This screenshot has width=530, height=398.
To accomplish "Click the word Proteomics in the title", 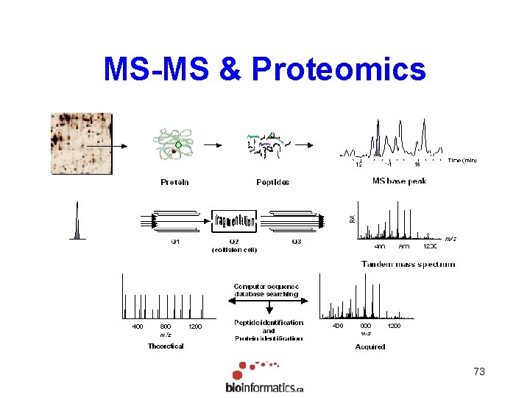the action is coord(338,69).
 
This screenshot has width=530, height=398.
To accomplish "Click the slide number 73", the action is coord(479,372).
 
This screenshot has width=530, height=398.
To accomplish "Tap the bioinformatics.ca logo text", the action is coord(264,388).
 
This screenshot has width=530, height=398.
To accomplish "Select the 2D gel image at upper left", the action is coord(81,143).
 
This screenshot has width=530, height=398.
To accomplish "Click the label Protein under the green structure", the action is coord(174,182).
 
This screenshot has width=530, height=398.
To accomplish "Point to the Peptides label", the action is coord(272,182).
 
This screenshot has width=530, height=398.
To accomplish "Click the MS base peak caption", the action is coord(399,181).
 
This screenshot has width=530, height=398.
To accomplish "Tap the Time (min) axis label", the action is coord(462,160).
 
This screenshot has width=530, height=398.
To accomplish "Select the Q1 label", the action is coord(175,242).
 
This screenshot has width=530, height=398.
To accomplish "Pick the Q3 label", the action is coord(296,242).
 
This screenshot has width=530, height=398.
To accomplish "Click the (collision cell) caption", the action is coord(234,250).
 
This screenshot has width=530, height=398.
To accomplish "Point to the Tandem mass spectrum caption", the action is coord(408,264).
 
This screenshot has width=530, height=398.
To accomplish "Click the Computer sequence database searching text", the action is coord(266,290).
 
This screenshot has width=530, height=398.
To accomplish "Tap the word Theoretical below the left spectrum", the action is coord(166,346).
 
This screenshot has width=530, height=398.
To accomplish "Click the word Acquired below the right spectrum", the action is coord(370,346).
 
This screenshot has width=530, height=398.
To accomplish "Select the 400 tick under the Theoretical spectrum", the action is coord(138,326).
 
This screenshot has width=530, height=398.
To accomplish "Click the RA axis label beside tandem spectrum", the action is coord(352,218).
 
